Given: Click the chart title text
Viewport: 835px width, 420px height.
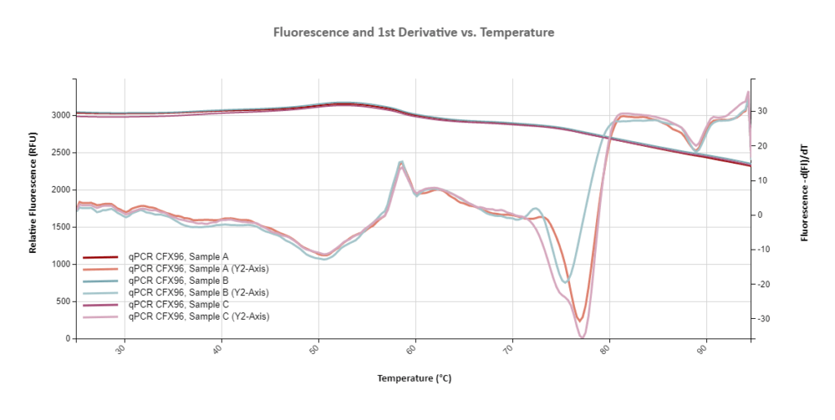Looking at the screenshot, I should coord(413,33).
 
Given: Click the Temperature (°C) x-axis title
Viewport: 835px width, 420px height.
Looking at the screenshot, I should coord(413,378).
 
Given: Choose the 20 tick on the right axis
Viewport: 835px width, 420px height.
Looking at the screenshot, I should coord(762,146).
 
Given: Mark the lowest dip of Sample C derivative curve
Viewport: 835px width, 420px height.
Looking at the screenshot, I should coord(582,336).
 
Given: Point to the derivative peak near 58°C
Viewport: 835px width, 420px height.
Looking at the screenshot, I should coord(400,162).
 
